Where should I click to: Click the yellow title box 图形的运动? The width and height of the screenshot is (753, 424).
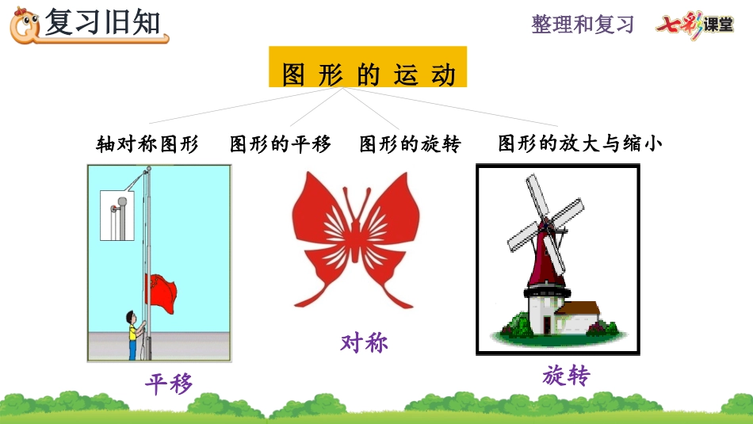point(367,67)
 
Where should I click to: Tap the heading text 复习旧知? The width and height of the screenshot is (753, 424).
point(102,22)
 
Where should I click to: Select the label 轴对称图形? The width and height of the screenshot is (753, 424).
point(147,143)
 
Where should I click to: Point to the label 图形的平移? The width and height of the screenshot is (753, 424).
point(281,143)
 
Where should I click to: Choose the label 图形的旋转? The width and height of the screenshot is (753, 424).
point(410,143)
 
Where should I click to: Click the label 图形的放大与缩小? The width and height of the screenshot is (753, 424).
point(580,143)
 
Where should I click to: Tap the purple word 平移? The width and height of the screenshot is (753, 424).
point(169,384)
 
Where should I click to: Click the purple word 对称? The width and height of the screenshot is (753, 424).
point(364,343)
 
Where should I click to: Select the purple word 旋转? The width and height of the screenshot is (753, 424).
point(566,375)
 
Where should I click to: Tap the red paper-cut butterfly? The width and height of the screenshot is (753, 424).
point(355,239)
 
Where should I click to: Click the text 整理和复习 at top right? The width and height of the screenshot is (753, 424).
point(583,24)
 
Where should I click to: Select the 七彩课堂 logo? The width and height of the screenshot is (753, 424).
point(695,25)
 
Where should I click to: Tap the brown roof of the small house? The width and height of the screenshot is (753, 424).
point(579,308)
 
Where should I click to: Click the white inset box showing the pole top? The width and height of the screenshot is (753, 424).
point(117,215)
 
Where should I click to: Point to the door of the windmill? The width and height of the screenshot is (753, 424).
point(547,325)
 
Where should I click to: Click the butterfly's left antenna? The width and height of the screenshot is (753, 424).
point(349,204)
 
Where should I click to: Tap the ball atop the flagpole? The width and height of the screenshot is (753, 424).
point(149,169)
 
